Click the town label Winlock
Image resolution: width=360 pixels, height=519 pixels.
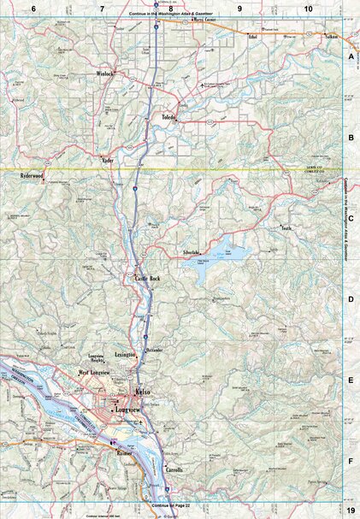coord(105,74)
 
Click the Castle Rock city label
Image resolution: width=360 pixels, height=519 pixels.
coord(148,280)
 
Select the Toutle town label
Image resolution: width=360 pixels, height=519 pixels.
coord(310,228)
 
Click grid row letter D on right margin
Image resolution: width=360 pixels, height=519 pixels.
coord(351,300)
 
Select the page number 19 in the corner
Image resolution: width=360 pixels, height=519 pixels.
coord(351,510)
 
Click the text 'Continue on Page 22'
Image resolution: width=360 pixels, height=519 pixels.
coord(168,505)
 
